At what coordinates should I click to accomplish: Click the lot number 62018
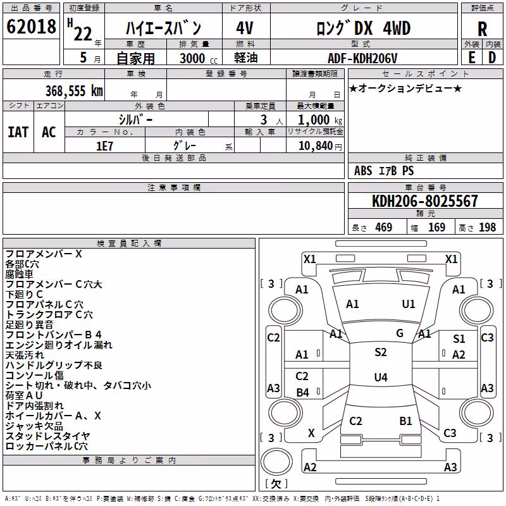pyautogui.click(x=31, y=27)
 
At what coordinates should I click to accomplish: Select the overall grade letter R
pyautogui.click(x=482, y=29)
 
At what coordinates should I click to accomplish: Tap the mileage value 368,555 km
pyautogui.click(x=74, y=91)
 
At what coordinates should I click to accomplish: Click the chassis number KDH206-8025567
pyautogui.click(x=424, y=201)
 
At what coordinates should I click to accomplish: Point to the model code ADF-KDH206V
pyautogui.click(x=362, y=58)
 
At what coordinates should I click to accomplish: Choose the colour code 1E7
pyautogui.click(x=104, y=146)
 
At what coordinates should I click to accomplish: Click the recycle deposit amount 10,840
pyautogui.click(x=316, y=146)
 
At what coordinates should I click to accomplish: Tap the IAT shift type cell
pyautogui.click(x=18, y=132)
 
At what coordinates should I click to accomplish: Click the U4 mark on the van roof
pyautogui.click(x=381, y=377)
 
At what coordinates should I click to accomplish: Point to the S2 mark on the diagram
pyautogui.click(x=381, y=352)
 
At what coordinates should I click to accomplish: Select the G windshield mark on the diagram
pyautogui.click(x=400, y=333)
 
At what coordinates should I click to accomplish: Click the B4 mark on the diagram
pyautogui.click(x=303, y=392)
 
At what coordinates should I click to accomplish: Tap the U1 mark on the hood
pyautogui.click(x=408, y=304)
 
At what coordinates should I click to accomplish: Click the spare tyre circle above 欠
pyautogui.click(x=276, y=461)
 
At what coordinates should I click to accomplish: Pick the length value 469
pyautogui.click(x=383, y=227)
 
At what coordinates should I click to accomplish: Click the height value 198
pyautogui.click(x=487, y=227)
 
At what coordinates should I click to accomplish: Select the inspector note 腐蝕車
pyautogui.click(x=20, y=275)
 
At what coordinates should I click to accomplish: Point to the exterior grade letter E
pyautogui.click(x=472, y=58)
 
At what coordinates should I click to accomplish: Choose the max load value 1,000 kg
pyautogui.click(x=320, y=120)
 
